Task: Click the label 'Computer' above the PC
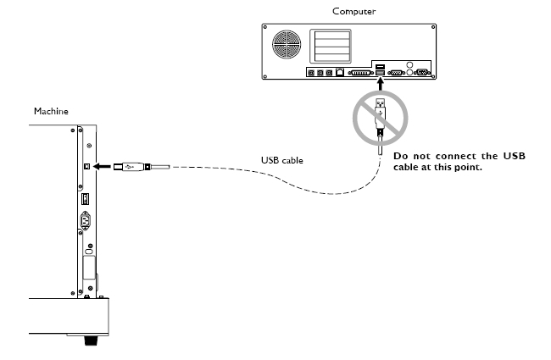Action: coord(354,11)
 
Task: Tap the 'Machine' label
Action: coord(51,111)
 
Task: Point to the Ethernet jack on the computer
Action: coord(339,74)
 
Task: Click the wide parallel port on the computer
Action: coord(359,74)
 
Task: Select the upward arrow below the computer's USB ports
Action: coord(381,86)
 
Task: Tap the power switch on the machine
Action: coord(84,200)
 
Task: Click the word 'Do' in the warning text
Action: coord(400,156)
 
